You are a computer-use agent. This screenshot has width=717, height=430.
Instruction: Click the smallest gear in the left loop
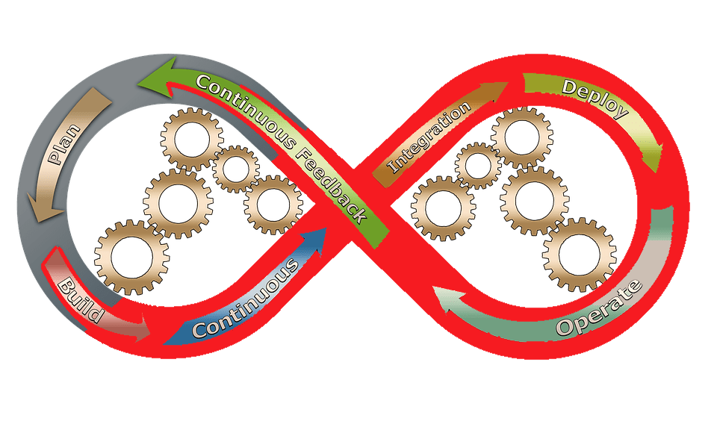pos(235,169)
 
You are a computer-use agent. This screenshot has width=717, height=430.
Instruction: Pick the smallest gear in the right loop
pos(478,166)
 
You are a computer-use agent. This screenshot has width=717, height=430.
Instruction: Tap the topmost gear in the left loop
pos(192,139)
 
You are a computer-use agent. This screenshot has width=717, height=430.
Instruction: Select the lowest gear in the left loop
pos(133,257)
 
